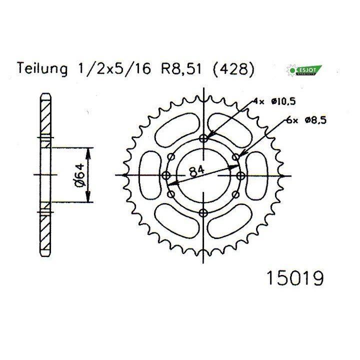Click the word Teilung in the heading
click(x=42, y=68)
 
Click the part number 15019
click(x=295, y=278)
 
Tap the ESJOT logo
click(x=304, y=70)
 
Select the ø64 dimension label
click(x=80, y=175)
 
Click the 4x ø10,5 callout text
click(x=274, y=101)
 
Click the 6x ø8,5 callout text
click(x=306, y=120)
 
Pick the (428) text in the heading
click(x=234, y=69)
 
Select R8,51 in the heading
click(x=181, y=69)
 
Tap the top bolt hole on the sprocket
click(x=203, y=138)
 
